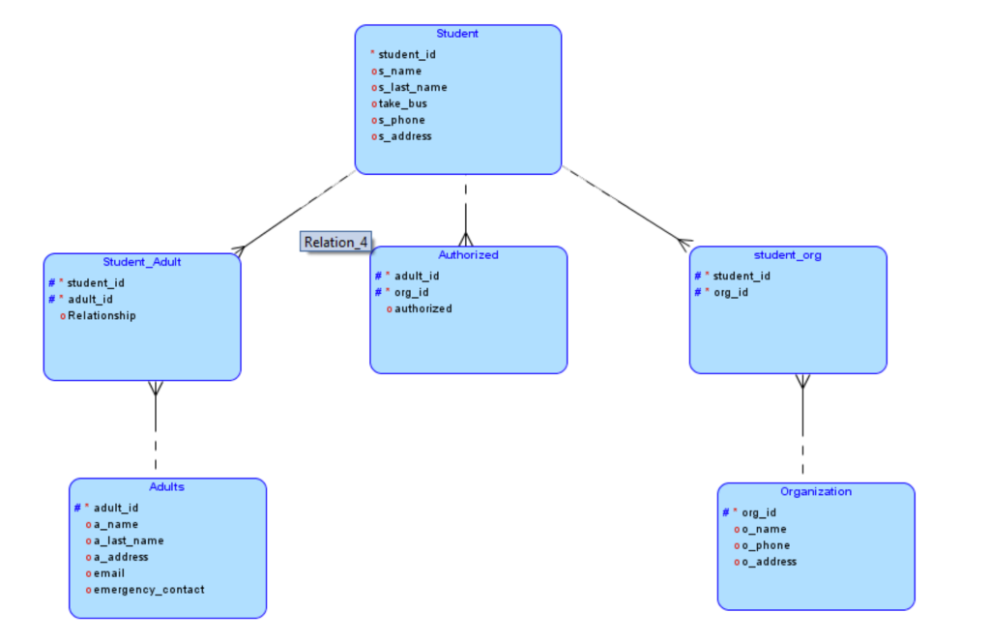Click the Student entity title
[x=456, y=34]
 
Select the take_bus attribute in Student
[x=402, y=103]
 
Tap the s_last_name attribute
[x=412, y=87]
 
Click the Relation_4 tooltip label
[x=336, y=242]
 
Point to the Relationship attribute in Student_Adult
[x=102, y=315]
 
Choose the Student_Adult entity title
[x=142, y=262]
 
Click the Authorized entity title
[x=468, y=255]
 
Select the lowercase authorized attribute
[x=423, y=308]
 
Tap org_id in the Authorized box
[x=411, y=292]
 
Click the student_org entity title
[x=787, y=255]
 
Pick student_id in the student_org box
[x=742, y=276]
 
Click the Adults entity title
[x=166, y=486]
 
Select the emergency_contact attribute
[x=149, y=589]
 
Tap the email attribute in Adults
[x=109, y=573]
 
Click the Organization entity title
[x=816, y=491]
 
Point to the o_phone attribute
[x=766, y=545]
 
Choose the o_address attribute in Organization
[x=769, y=562]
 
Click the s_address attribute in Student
[x=405, y=136]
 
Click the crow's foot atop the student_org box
[x=684, y=242]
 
